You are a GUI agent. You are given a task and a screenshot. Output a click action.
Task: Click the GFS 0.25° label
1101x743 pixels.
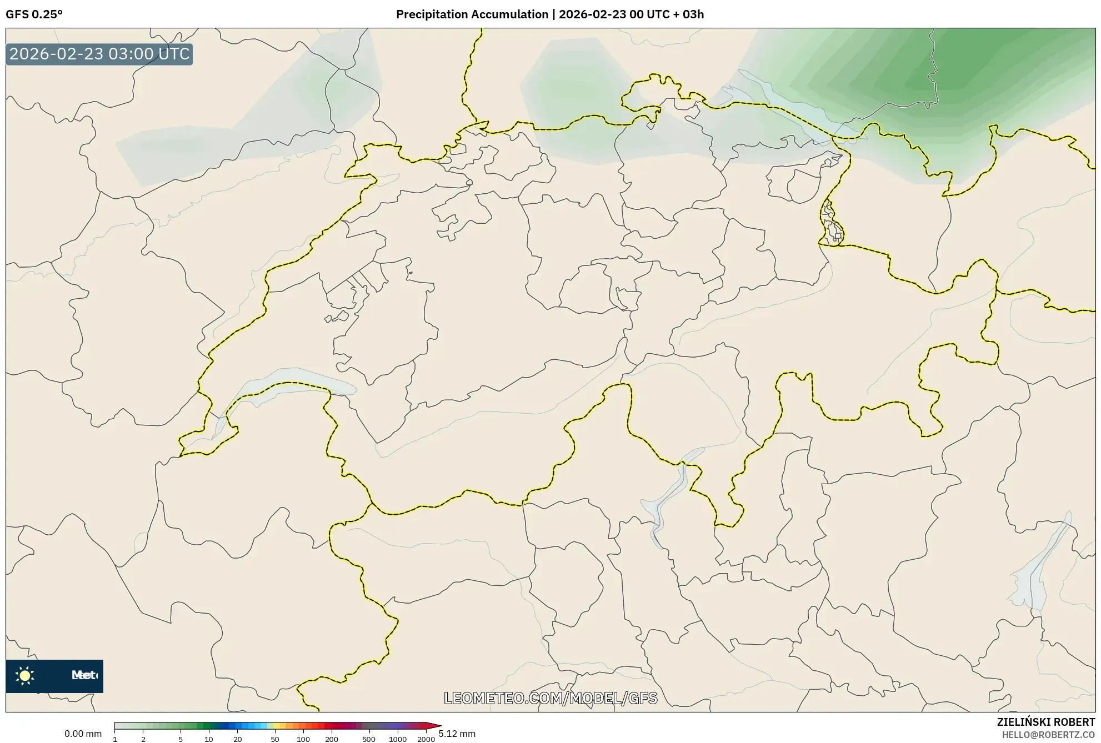34,14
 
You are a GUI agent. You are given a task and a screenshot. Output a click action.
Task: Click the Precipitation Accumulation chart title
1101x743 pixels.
549,14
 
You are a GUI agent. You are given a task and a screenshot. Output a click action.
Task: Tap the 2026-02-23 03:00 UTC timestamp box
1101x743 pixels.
99,54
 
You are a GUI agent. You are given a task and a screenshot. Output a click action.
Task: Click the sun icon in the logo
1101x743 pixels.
25,676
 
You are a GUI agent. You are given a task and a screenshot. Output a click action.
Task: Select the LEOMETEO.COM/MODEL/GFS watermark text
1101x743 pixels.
550,698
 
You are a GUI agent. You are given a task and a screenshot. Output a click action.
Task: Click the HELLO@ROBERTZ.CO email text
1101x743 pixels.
1048,735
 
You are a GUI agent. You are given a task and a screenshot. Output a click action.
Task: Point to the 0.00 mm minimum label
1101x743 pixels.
83,734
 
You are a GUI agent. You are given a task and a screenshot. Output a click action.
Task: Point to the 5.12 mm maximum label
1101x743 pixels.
457,734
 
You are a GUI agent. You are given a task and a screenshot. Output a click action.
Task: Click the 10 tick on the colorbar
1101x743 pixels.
209,739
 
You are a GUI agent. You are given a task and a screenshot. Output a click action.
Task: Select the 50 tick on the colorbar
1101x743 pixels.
274,739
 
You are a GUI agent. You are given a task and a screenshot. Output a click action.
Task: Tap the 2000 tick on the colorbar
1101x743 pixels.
426,739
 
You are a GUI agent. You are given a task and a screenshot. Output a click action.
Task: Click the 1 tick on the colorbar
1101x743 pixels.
115,739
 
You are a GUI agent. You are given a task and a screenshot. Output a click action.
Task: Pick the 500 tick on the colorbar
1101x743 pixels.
369,739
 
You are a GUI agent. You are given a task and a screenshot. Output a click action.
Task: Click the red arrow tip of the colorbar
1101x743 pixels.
437,725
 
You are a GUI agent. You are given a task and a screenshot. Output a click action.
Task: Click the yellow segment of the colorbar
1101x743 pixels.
277,725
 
